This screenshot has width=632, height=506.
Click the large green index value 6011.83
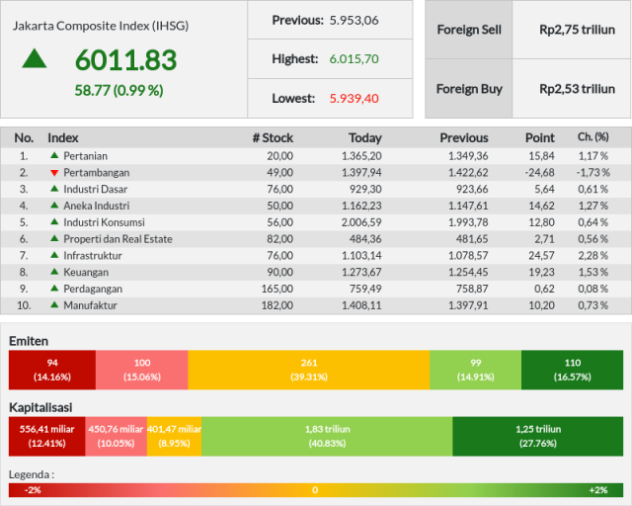125,59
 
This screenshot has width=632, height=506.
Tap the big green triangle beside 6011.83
35,58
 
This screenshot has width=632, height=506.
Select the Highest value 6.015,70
354,59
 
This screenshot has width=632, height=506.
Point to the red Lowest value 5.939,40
354,99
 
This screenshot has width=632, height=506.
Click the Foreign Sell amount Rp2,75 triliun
577,30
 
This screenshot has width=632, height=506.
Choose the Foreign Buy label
469,89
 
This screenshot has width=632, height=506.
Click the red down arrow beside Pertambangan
54,173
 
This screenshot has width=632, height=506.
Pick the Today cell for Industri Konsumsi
361,222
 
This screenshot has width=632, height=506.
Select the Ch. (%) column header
592,137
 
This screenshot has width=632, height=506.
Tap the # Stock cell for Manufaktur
277,305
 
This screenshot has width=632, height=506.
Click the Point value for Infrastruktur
541,255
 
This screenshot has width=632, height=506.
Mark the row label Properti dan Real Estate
118,239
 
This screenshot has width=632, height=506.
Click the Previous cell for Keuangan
468,272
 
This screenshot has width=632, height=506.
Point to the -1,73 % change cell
592,173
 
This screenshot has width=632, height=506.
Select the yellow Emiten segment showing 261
309,370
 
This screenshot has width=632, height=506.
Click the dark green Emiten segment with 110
572,370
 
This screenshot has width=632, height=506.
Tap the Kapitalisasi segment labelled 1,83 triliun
327,436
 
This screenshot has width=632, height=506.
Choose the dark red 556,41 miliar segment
46,436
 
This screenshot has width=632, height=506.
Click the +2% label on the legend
598,490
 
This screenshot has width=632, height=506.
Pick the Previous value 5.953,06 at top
354,20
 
